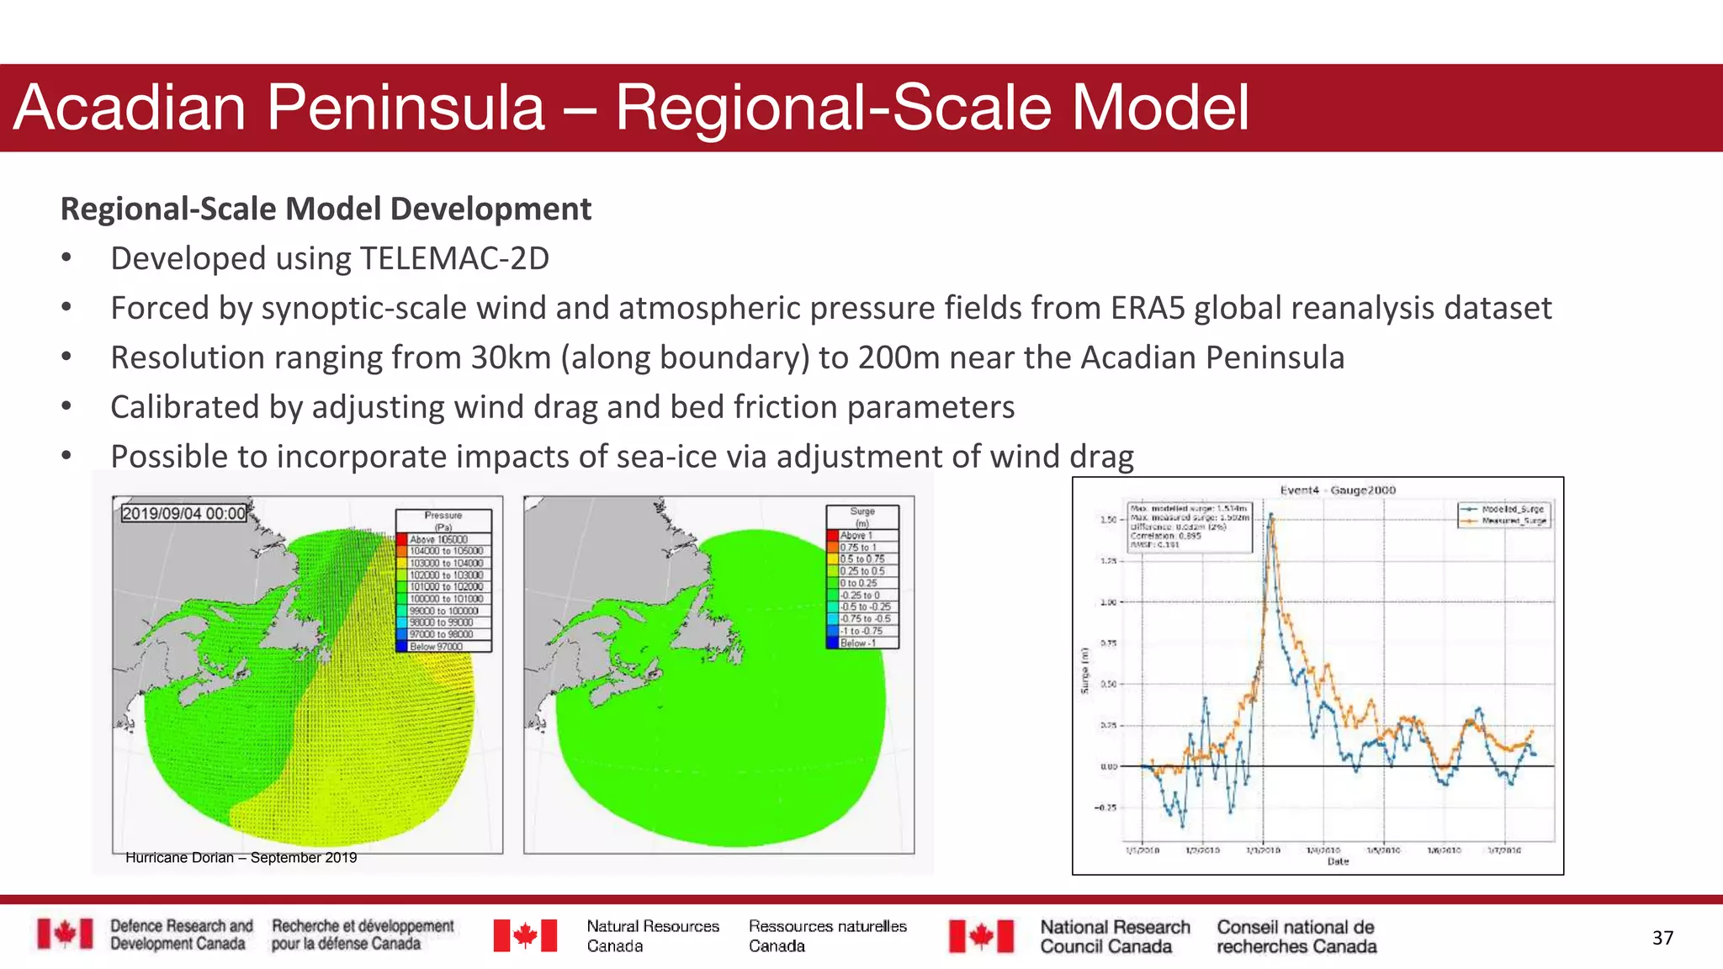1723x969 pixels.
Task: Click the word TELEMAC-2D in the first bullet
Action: point(454,258)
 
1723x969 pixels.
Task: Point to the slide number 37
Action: point(1662,938)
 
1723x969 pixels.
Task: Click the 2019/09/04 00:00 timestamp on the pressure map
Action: point(183,513)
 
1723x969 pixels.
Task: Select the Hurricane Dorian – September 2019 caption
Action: point(241,858)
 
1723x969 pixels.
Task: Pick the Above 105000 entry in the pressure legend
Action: point(438,539)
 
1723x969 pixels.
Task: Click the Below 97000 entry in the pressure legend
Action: point(436,646)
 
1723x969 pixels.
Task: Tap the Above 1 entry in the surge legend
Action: point(856,535)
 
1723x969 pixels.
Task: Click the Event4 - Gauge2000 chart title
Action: point(1337,490)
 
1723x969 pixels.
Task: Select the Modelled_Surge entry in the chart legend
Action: point(1512,509)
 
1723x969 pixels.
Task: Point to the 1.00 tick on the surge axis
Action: point(1108,602)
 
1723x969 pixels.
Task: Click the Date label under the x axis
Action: point(1338,861)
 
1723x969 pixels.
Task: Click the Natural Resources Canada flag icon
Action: point(525,935)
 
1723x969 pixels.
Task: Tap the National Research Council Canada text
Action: point(1114,936)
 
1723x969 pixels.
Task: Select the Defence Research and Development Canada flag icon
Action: point(65,934)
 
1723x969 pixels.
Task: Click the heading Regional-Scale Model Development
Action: point(326,209)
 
